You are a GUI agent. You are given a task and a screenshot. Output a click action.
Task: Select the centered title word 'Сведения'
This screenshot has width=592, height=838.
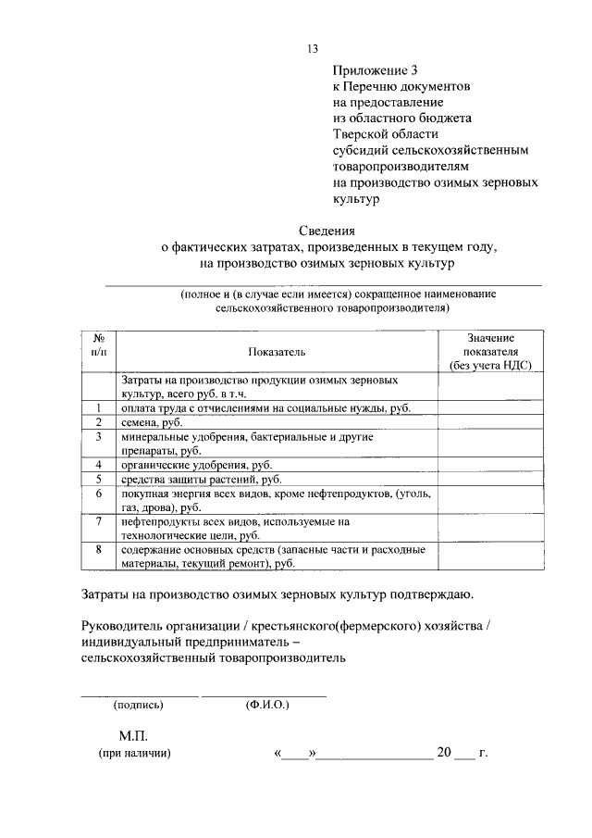point(328,231)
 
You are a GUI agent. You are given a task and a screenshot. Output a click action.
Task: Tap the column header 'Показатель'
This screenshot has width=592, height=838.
point(276,352)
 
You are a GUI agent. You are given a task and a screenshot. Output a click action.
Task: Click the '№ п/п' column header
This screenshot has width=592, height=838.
point(99,345)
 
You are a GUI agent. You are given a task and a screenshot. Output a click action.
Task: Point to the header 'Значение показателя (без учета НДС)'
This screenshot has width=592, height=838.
point(490,352)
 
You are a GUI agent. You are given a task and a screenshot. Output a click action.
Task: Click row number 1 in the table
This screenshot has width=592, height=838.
point(99,407)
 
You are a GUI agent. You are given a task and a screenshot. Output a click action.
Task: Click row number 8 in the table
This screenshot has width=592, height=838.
point(99,550)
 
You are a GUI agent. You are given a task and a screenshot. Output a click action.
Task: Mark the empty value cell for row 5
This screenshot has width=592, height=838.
point(490,480)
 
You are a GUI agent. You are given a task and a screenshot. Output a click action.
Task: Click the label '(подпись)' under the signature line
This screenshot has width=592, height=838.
point(138,705)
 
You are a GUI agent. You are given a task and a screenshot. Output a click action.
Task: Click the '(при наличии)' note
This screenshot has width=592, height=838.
point(135,754)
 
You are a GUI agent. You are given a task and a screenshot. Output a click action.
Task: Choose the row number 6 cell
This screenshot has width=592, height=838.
point(99,494)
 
